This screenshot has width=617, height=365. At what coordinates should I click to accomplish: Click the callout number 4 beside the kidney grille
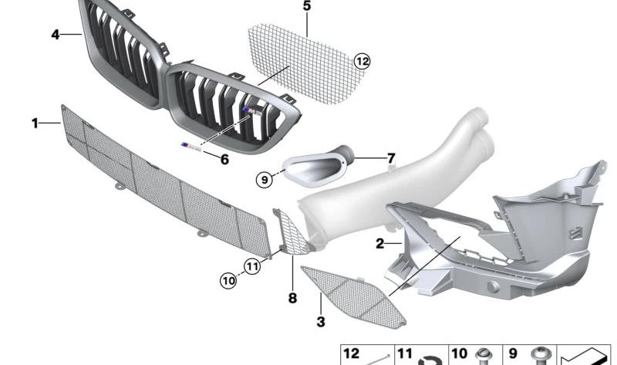coord(55,35)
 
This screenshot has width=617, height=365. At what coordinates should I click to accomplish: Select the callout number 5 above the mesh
coord(307,6)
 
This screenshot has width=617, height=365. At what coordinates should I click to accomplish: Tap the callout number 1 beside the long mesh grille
coord(35,123)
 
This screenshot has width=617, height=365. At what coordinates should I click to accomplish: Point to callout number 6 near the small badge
coord(224,160)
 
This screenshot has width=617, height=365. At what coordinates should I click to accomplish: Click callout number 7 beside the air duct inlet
coord(391,158)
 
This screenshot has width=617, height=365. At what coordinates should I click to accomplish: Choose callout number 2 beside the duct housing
coord(379,244)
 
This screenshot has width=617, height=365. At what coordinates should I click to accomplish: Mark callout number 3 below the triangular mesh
coord(321,322)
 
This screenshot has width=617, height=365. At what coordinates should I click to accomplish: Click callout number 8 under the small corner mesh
coord(292,298)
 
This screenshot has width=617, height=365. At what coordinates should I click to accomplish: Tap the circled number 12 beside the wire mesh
coord(362,61)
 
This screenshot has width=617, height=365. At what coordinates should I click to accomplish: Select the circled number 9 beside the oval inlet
coord(264,180)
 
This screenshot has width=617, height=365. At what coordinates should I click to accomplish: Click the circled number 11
coord(252,266)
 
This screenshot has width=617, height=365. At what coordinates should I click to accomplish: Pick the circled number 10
coord(228,281)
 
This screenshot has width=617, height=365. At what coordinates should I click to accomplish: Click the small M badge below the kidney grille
coord(191,147)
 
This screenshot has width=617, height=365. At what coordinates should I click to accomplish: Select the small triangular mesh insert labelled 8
coord(292,233)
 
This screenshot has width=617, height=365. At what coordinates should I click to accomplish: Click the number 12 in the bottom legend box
coord(352,353)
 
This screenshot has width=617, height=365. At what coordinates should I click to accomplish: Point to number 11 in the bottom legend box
coord(405,353)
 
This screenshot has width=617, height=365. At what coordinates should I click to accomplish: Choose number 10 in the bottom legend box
coord(459,353)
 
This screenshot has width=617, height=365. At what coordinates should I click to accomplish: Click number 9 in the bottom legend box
coord(513,353)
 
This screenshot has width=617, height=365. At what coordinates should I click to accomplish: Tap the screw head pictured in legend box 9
coord(541,353)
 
